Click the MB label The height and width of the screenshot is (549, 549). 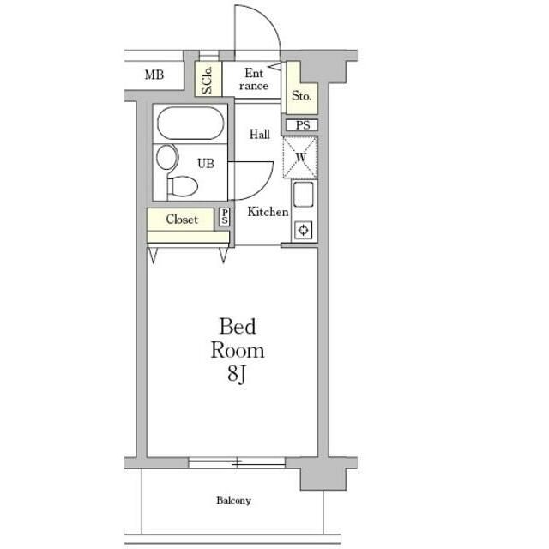(154, 75)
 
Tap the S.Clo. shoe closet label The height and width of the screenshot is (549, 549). (208, 80)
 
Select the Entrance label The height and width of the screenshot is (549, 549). (254, 80)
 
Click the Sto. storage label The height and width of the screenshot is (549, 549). (301, 95)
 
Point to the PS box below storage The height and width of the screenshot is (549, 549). (302, 125)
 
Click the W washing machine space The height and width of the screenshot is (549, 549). (300, 158)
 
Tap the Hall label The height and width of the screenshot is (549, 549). (259, 134)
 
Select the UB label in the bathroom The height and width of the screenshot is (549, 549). (206, 163)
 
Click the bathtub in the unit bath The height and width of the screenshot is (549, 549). (190, 124)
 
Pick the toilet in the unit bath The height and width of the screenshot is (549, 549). (183, 186)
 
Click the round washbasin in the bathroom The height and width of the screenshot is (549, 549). (167, 157)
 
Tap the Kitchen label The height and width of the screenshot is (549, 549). (268, 212)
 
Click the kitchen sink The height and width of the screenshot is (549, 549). (303, 195)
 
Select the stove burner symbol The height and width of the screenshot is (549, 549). (304, 230)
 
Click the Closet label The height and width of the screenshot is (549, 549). (182, 220)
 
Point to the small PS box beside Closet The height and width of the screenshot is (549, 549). (225, 217)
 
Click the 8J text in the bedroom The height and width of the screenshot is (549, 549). (237, 374)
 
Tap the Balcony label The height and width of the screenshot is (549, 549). (233, 500)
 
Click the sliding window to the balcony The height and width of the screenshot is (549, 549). (237, 463)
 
